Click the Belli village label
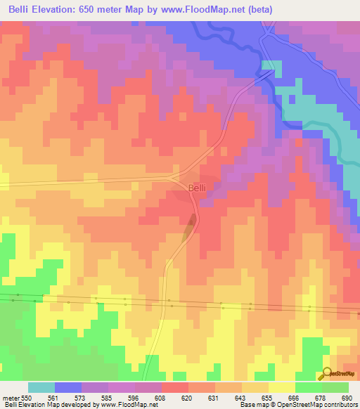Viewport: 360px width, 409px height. coord(196,188)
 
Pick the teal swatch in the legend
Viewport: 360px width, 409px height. coord(41,387)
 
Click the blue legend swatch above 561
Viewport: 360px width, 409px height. coord(68,387)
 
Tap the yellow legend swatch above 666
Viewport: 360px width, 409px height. coord(281,387)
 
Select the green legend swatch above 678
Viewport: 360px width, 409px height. coord(308,387)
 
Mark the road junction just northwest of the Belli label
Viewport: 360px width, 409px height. coord(177,176)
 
